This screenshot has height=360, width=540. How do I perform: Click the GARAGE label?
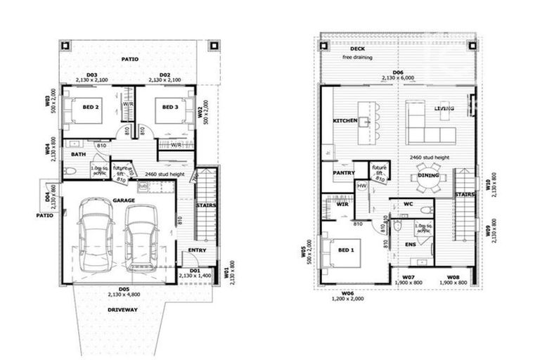tap(123, 200)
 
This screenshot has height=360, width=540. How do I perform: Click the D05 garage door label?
tap(123, 289)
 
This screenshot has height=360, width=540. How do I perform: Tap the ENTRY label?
tap(197, 250)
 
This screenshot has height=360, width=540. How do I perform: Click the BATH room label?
tap(78, 154)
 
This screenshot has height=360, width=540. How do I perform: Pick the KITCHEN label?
tap(345, 121)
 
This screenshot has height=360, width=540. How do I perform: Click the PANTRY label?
tap(344, 171)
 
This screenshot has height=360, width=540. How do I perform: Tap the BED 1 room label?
tap(346, 251)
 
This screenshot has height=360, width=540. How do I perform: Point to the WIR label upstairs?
tap(343, 204)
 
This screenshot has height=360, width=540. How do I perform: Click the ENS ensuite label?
tap(411, 245)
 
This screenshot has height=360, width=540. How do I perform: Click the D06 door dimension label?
tap(398, 72)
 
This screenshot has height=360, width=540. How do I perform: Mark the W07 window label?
tap(408, 277)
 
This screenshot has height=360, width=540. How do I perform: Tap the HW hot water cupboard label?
tap(362, 186)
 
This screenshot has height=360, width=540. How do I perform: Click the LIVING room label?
tap(444, 108)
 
